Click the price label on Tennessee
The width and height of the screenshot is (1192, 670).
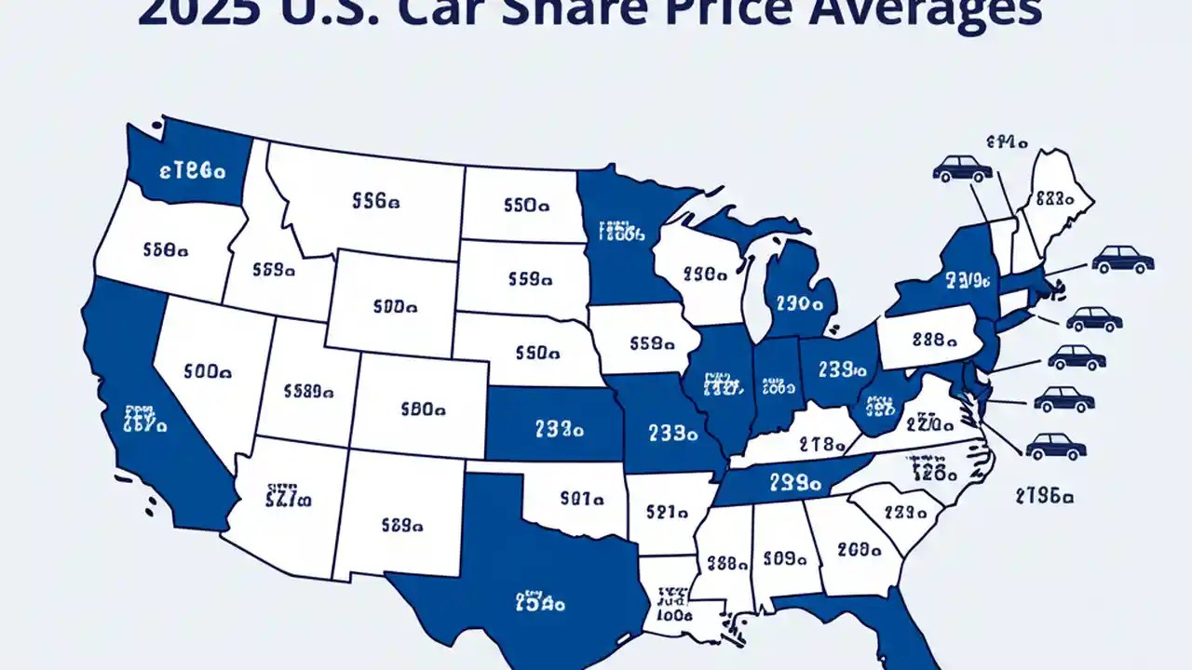[794, 483]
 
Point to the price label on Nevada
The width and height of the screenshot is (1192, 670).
[208, 370]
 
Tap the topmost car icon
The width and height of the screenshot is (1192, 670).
[962, 168]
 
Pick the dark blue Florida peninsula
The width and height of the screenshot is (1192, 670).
[894, 633]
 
